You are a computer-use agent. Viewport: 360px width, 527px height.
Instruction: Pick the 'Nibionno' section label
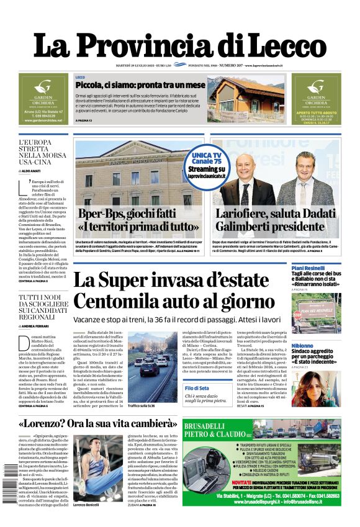coord(302,346)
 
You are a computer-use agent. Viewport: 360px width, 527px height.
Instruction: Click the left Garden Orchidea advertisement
coord(43,99)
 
